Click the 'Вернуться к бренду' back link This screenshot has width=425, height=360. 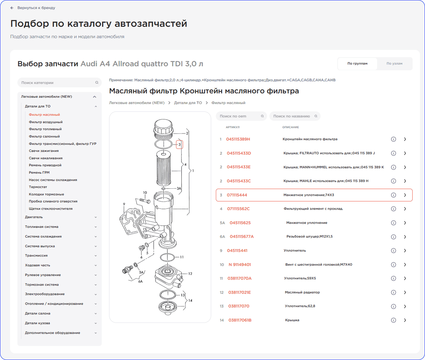point(36,8)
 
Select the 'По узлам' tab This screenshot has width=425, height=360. point(394,64)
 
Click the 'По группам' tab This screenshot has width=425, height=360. point(357,64)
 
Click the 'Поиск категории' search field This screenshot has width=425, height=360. point(57,83)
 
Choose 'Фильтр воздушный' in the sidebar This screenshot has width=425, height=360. point(46,122)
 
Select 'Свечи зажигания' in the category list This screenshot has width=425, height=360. point(44,151)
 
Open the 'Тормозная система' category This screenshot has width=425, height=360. point(42,285)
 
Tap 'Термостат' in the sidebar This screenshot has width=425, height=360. point(38,187)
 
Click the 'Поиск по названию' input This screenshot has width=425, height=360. point(292,116)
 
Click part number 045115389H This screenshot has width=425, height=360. point(238,139)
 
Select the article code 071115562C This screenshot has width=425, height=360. point(238,209)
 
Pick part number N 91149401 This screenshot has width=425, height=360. point(240,265)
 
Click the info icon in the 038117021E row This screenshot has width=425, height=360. point(394,292)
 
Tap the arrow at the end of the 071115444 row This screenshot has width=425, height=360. point(405,195)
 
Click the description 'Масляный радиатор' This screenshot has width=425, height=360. point(302,292)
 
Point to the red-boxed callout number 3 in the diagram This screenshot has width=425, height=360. point(179,145)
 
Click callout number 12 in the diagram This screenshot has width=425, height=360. point(190,274)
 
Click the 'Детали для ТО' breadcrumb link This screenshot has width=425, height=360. point(188,103)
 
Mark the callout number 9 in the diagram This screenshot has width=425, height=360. point(124,204)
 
